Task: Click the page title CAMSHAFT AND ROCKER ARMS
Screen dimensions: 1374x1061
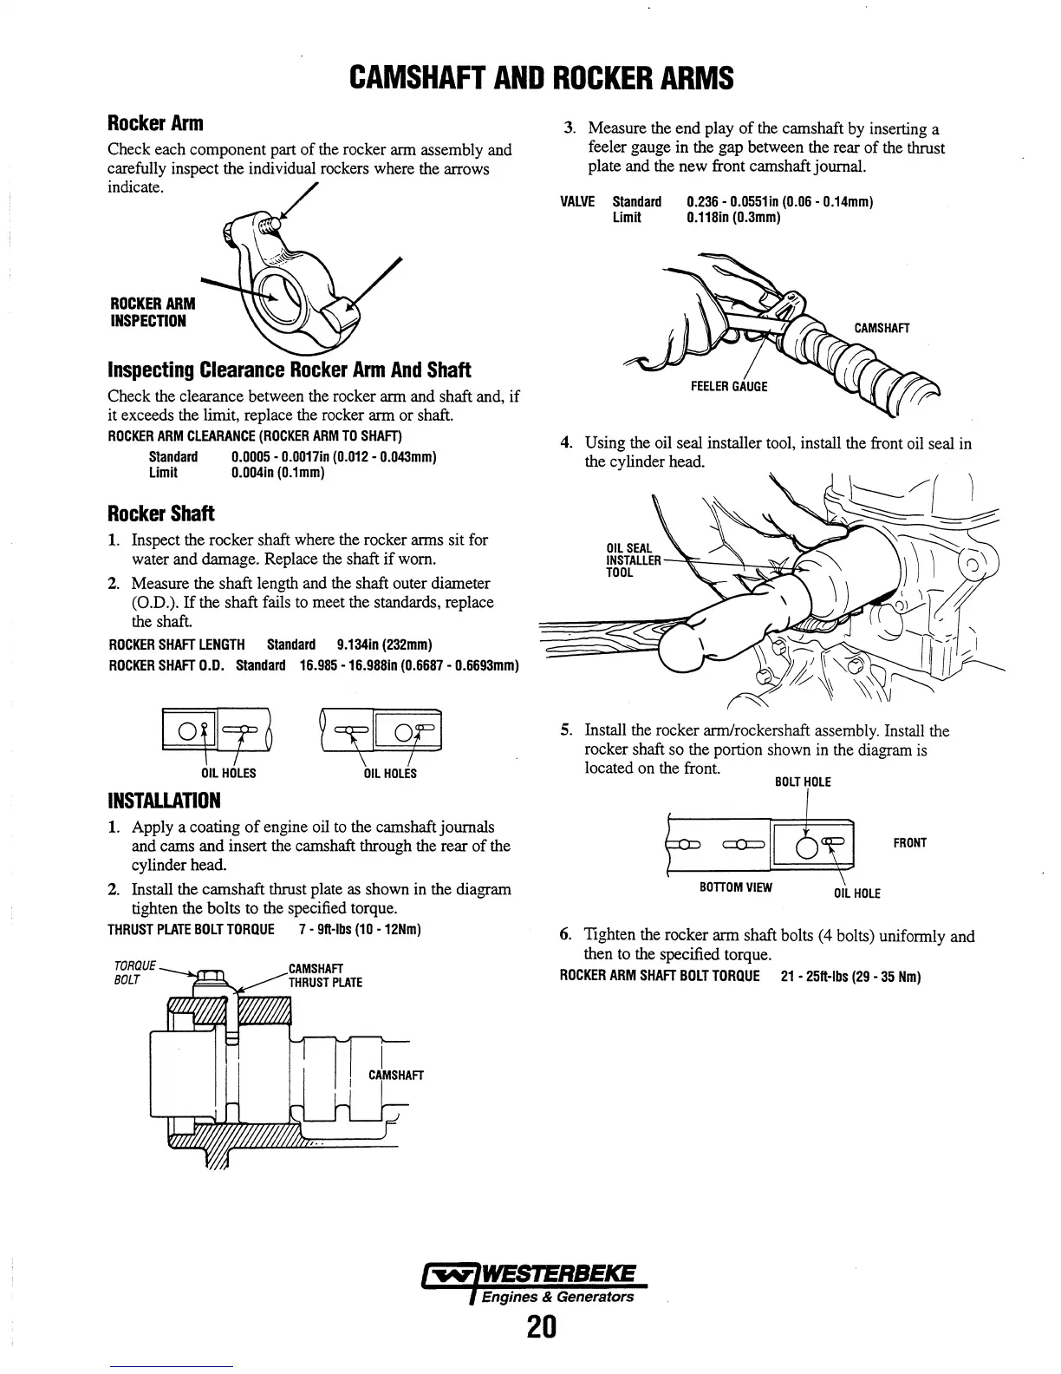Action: (541, 78)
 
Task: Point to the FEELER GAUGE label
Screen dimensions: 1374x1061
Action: (729, 386)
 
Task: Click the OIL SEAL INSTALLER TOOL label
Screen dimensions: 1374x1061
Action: (633, 560)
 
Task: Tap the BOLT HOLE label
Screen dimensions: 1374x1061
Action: (803, 782)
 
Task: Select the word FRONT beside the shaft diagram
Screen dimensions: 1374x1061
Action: (910, 842)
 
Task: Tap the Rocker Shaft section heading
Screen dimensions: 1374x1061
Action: (161, 513)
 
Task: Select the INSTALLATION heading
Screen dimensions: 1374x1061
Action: (164, 799)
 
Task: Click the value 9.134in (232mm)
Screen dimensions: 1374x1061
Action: (383, 644)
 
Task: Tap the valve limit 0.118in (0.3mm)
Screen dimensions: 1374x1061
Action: (733, 218)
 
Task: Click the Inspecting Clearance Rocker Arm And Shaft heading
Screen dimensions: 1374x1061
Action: (289, 370)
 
